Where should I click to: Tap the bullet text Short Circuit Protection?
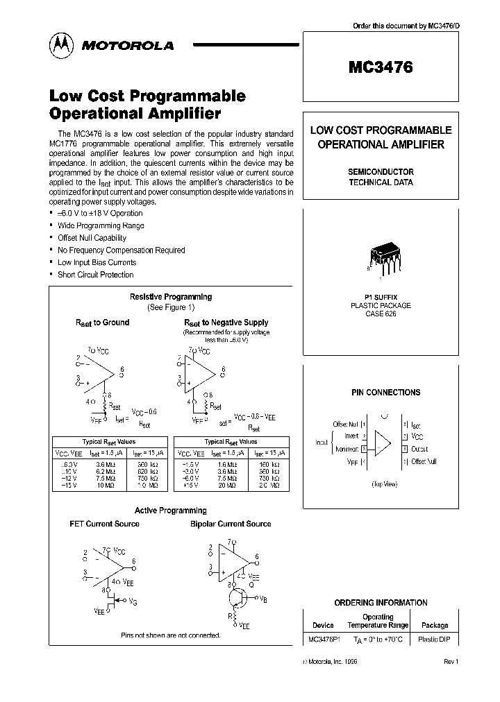tap(95, 275)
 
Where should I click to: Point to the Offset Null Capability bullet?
tap(92, 238)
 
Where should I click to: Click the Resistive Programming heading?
tap(171, 297)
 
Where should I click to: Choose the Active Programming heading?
tap(171, 511)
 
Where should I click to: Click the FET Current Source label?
tap(104, 524)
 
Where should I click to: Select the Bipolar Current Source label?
tap(231, 524)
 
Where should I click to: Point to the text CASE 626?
tap(380, 314)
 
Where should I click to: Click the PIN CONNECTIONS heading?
tap(385, 393)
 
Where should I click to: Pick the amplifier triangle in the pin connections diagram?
tap(383, 443)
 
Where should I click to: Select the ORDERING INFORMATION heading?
tap(381, 603)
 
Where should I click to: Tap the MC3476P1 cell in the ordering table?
tap(324, 639)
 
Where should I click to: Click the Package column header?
tap(435, 625)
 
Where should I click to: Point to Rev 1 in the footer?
tap(451, 662)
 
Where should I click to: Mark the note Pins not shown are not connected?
tap(170, 635)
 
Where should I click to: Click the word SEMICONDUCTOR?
tap(381, 172)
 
